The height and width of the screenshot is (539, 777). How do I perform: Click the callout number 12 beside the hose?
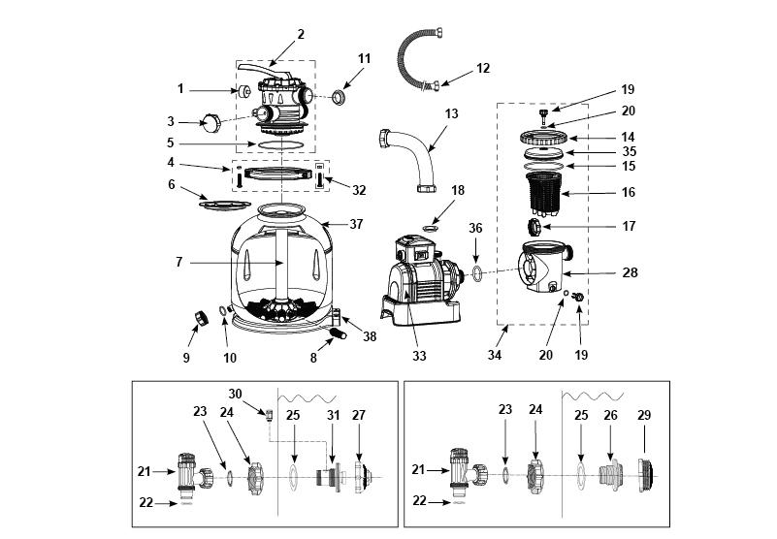483,68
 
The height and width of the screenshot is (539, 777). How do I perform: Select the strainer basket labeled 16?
543,194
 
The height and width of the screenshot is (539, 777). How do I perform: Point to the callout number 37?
356,224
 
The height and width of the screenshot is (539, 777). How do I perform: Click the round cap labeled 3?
211,122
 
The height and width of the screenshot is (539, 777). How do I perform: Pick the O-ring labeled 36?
476,272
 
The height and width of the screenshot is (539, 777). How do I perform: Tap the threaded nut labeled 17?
534,227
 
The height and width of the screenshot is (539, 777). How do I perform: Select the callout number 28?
630,272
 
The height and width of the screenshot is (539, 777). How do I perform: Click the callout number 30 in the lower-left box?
235,394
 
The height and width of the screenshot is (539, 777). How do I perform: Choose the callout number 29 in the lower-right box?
644,415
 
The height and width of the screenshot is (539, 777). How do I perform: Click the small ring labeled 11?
339,98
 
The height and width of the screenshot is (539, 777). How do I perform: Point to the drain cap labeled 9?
201,319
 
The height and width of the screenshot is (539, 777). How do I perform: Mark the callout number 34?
494,355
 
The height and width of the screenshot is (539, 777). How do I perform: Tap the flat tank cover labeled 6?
225,205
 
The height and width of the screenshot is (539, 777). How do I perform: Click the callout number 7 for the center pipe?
178,262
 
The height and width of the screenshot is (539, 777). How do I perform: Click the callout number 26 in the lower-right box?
610,415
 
